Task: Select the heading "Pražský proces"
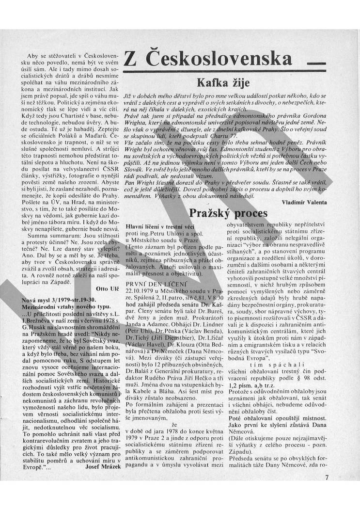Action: pyautogui.click(x=228, y=213)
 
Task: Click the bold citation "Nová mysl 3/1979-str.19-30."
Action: pyautogui.click(x=55, y=301)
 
